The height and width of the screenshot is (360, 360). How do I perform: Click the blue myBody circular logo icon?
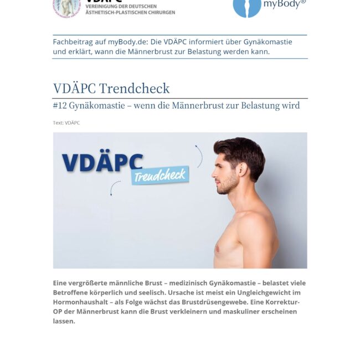(246, 7)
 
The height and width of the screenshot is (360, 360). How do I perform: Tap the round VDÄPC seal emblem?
(66, 7)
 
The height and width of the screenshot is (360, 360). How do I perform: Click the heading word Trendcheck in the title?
(135, 89)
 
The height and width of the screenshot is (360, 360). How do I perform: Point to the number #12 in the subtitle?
(60, 105)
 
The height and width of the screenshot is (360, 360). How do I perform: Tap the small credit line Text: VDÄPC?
(66, 123)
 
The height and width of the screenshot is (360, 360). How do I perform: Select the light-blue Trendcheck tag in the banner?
(160, 176)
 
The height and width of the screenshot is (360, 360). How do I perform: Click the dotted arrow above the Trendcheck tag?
(198, 155)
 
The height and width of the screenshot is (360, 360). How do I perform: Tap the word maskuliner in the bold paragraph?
(230, 311)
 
